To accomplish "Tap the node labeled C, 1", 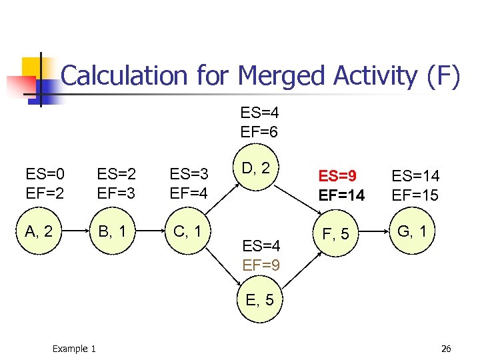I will click(188, 232).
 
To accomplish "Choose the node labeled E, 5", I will click(260, 300).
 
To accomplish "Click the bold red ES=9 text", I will click(337, 177).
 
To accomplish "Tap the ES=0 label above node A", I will click(45, 175).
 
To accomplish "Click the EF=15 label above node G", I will click(415, 196).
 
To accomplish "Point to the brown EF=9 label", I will click(260, 265).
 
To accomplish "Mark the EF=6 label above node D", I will click(260, 131).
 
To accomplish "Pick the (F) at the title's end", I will click(441, 76).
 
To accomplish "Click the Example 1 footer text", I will click(73, 349).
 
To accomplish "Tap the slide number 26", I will click(446, 349).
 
